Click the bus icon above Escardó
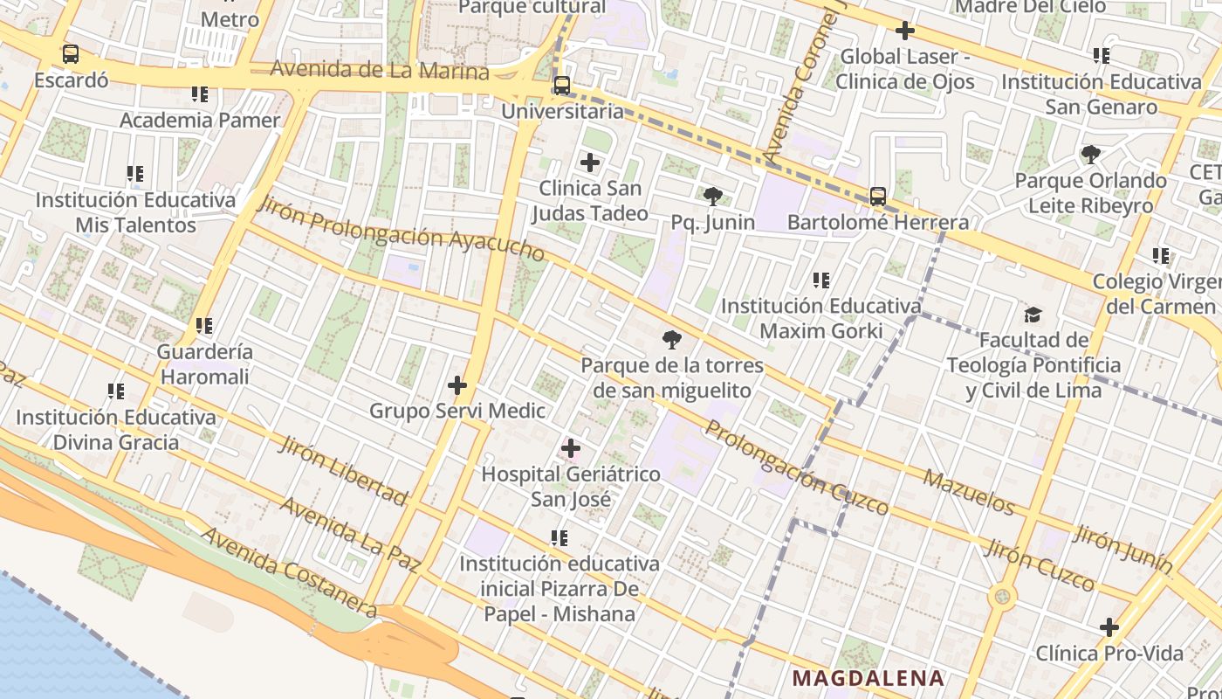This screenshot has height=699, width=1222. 71,54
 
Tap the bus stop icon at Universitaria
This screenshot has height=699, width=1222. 562,86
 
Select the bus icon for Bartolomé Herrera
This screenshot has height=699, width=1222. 878,197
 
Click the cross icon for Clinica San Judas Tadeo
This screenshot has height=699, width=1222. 590,163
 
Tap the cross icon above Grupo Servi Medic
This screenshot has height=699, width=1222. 457,385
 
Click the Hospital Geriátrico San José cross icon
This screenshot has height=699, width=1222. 571,449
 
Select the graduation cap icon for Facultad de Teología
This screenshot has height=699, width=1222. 1033,315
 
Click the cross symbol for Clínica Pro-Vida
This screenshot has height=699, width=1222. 1109,627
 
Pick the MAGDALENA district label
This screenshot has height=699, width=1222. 868,678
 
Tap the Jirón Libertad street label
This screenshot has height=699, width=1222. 342,471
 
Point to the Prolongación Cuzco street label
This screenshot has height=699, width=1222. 796,468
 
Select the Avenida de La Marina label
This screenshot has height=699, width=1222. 380,70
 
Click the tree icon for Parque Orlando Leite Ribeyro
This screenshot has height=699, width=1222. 1090,155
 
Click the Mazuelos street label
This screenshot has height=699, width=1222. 969,493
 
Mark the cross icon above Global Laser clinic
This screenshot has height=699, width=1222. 905,31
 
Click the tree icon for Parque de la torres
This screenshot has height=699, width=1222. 672,340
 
